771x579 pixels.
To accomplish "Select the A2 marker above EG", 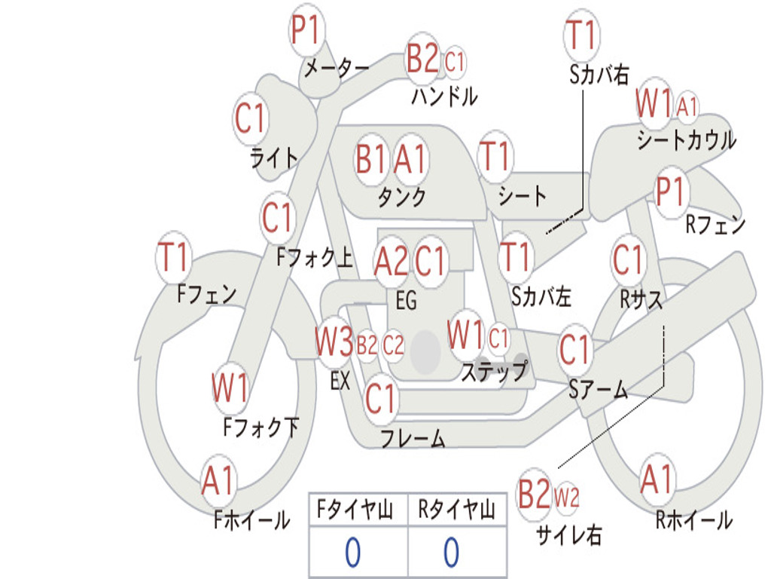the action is (392, 262).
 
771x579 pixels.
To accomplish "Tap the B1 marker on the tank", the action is (371, 159).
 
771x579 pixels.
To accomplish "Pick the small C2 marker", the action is (393, 345).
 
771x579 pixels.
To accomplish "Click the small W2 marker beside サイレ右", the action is (566, 497).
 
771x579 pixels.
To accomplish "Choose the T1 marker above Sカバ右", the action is (581, 35).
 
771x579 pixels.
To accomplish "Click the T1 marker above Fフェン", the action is (174, 258).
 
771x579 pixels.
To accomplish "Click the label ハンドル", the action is (444, 96).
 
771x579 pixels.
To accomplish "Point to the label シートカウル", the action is (686, 141).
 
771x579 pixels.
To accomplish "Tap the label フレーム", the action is (413, 438).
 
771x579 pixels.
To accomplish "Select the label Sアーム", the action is (598, 390).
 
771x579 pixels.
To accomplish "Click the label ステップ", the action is (494, 371).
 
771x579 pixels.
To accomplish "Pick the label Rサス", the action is (641, 299).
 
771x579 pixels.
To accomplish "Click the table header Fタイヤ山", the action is (356, 510).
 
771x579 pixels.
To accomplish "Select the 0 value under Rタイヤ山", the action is (451, 553).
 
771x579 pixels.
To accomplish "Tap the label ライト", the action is (274, 158).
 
